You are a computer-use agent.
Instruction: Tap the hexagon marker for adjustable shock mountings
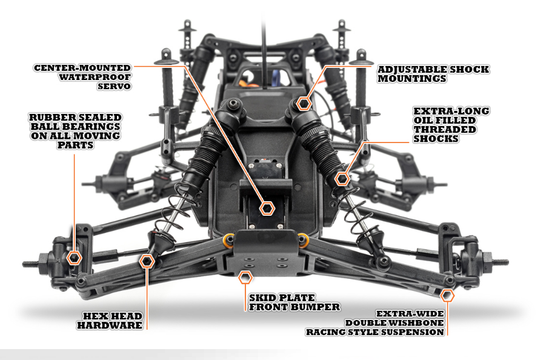point(304,104)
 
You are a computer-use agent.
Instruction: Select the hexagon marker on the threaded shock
point(342,178)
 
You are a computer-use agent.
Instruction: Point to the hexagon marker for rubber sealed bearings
point(75,258)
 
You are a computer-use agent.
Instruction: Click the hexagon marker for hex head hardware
point(147,261)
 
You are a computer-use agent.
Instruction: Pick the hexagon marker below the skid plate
point(245,278)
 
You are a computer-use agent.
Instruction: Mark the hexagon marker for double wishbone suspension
point(447,295)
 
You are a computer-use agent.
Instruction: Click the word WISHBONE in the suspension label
point(417,323)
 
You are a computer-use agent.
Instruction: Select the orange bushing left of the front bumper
point(228,237)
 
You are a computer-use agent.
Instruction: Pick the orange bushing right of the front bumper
point(301,238)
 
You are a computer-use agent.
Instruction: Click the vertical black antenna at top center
point(264,36)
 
